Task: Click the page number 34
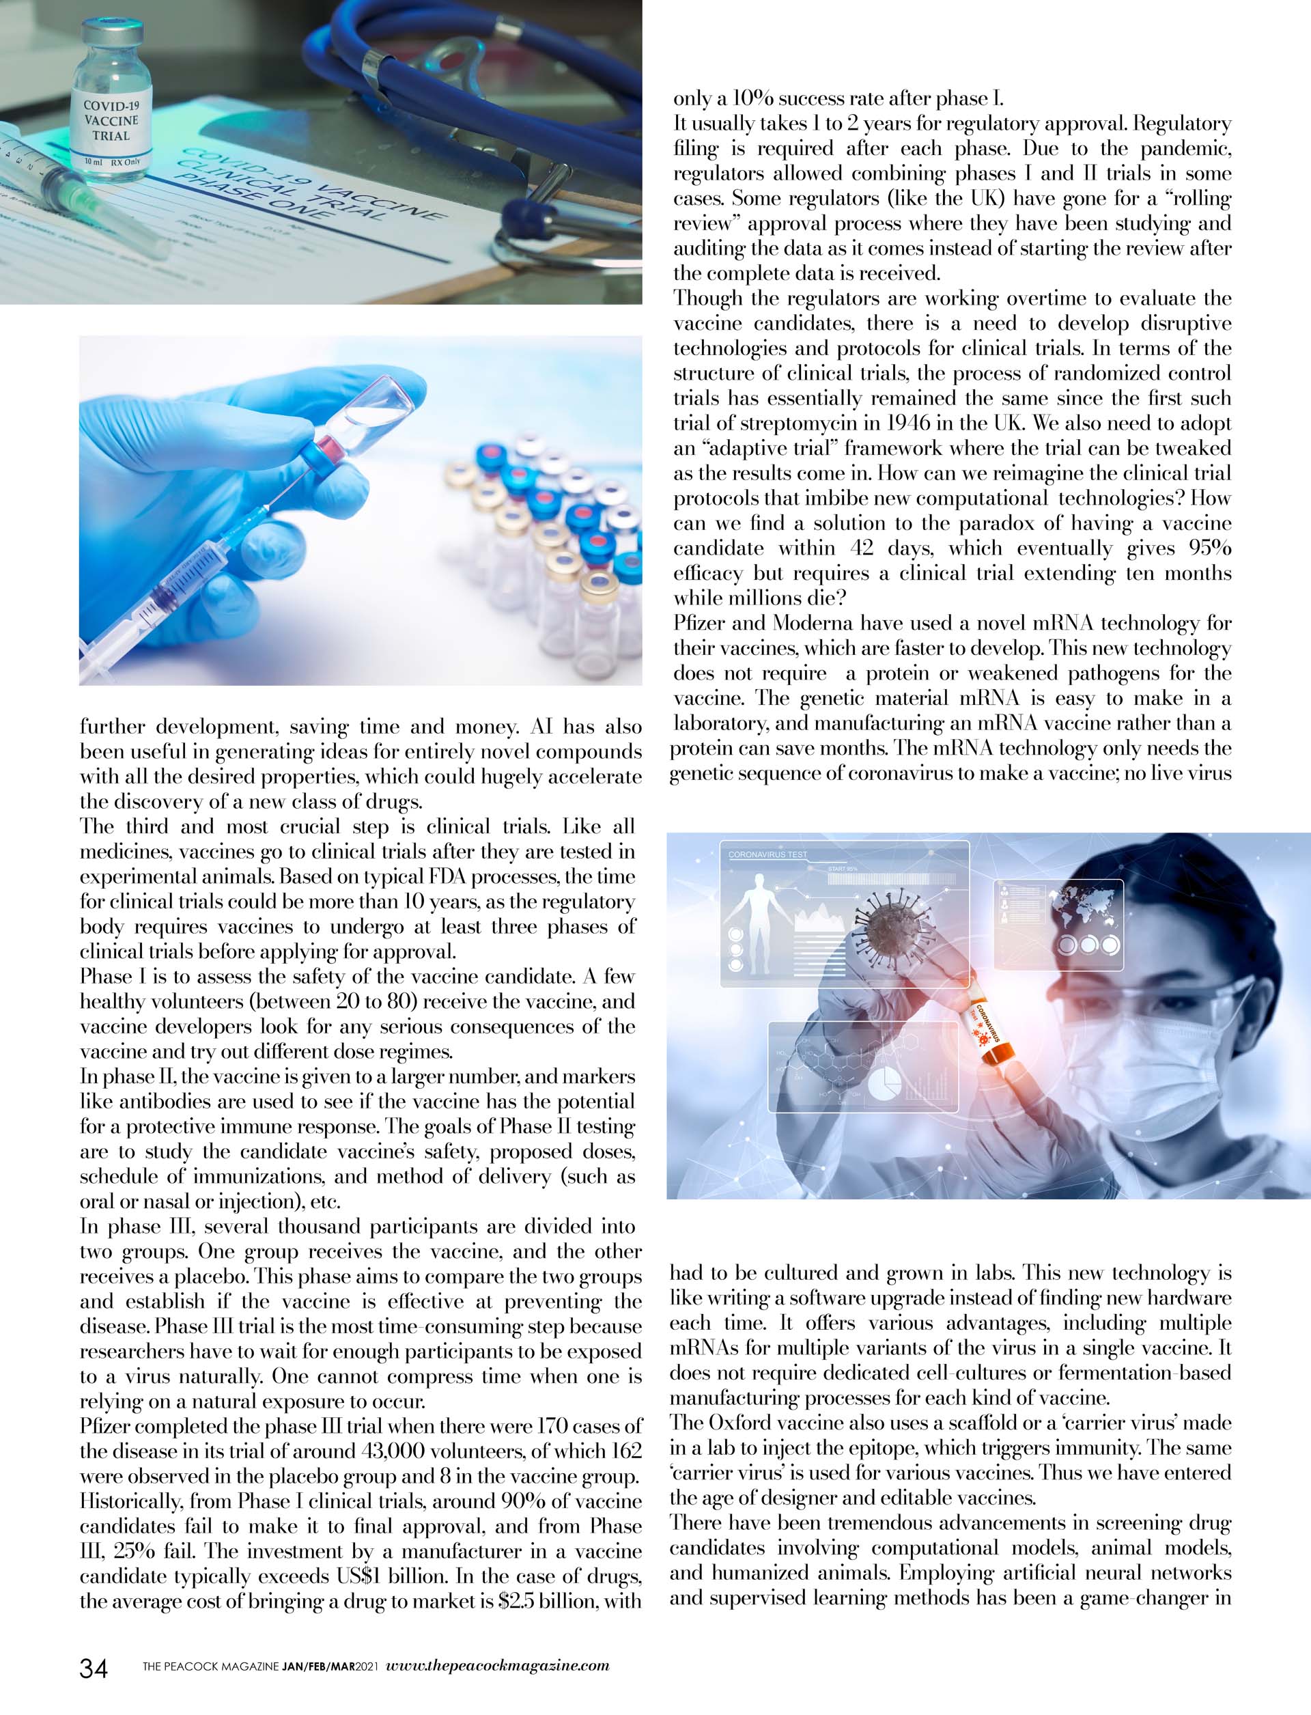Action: (x=94, y=1667)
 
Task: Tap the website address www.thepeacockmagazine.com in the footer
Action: (x=498, y=1664)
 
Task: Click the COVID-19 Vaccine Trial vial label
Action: (x=111, y=121)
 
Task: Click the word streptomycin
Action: (x=787, y=424)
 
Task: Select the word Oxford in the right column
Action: (x=742, y=1423)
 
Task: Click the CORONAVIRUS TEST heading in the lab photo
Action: (x=768, y=854)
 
